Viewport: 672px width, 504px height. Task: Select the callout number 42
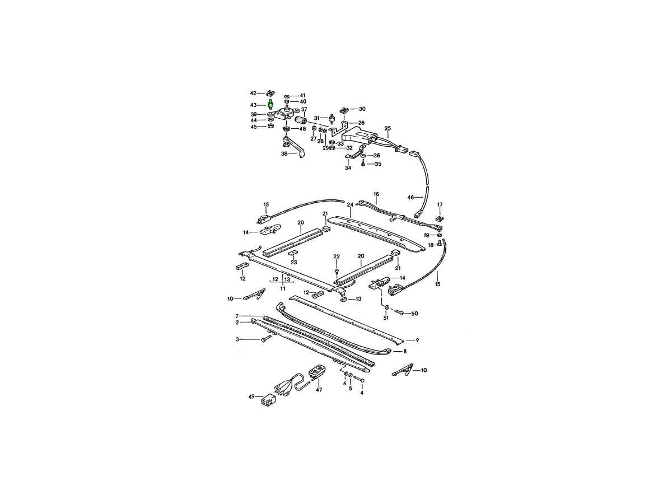pyautogui.click(x=253, y=93)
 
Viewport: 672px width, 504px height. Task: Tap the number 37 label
pyautogui.click(x=304, y=109)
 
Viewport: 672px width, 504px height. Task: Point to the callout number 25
pyautogui.click(x=388, y=128)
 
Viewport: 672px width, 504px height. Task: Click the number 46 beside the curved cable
pyautogui.click(x=411, y=197)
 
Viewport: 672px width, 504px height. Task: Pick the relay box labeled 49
pyautogui.click(x=268, y=400)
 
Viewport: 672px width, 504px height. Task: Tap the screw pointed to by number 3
pyautogui.click(x=267, y=338)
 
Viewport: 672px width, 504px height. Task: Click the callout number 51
pyautogui.click(x=386, y=318)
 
